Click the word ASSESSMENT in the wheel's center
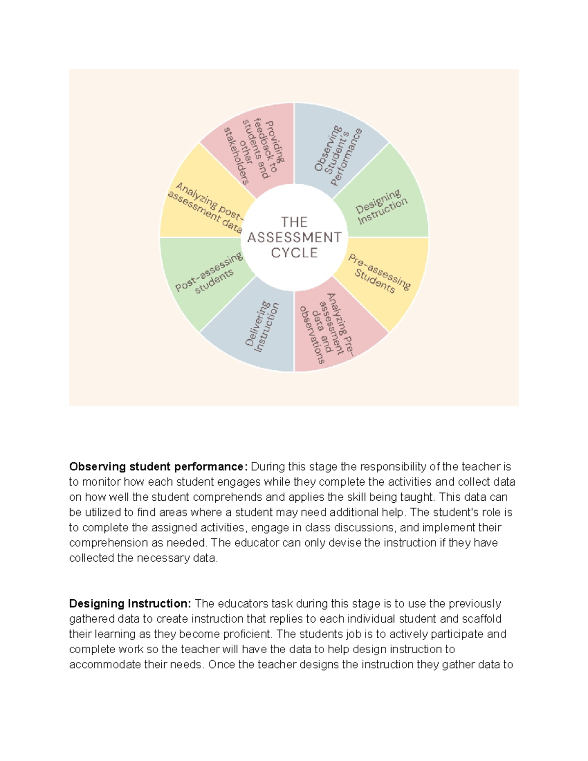294,238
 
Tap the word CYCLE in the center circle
294,253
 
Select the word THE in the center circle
294,222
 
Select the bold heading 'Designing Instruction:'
130,604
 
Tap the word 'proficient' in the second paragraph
247,634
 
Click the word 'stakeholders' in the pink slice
236,156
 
